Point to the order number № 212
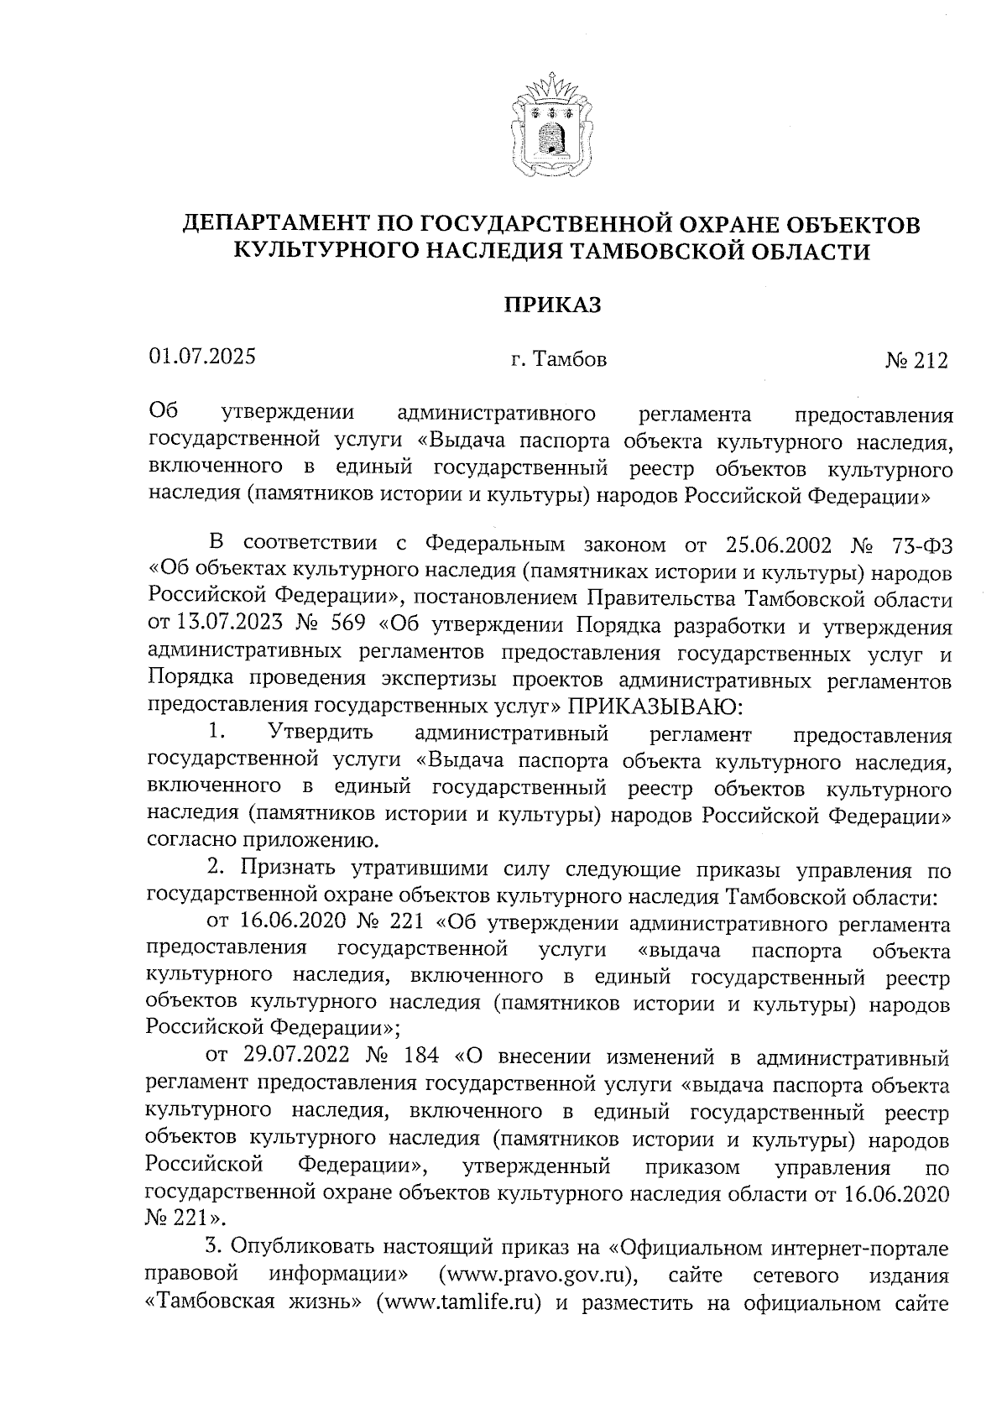point(916,361)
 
